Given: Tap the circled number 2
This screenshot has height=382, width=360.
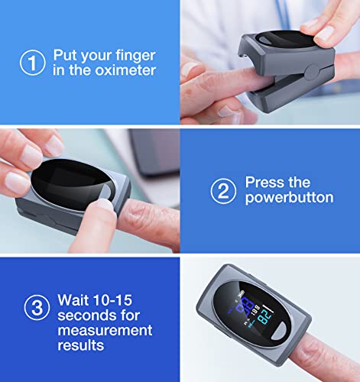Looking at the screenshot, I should coord(222,190).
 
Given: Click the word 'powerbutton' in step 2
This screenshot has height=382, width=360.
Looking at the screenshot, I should coord(289,198).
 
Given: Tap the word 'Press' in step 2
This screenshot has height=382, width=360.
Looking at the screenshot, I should coord(262,183).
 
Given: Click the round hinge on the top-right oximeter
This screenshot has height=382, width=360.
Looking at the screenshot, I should coord(311,70).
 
